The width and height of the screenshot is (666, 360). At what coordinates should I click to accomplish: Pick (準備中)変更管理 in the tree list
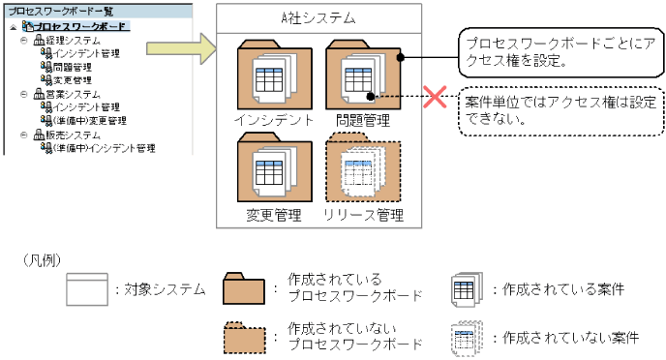90,121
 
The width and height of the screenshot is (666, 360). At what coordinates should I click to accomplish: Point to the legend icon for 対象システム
86,289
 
